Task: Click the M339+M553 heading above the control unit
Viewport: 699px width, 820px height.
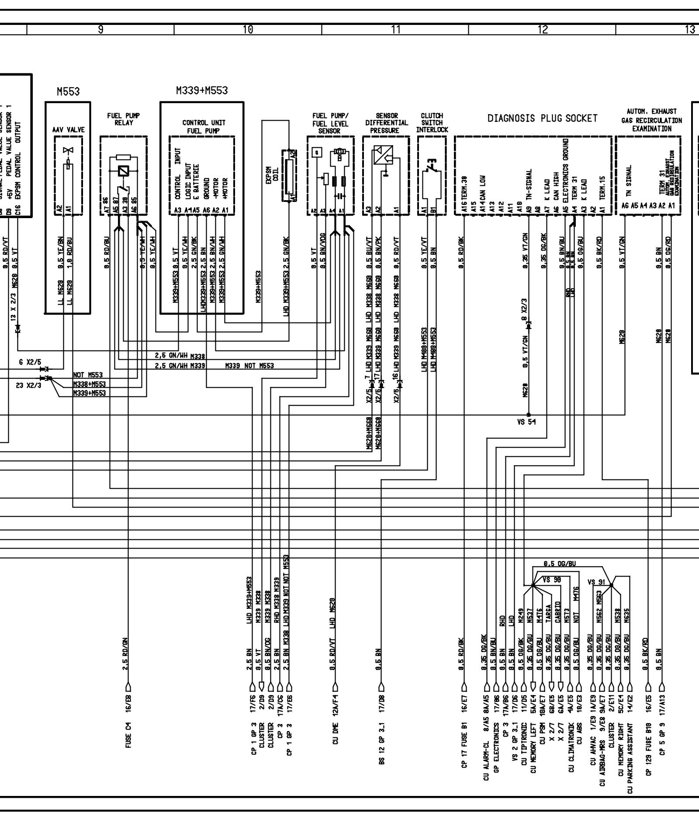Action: [x=201, y=90]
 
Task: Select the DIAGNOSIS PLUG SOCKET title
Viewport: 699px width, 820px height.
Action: [x=543, y=118]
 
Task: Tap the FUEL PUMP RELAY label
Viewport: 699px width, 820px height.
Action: [x=124, y=119]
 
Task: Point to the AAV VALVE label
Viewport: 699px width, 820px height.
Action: [x=68, y=130]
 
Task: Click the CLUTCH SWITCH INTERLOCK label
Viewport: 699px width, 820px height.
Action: [x=432, y=123]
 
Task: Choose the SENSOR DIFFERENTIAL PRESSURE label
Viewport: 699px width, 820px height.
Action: [x=386, y=123]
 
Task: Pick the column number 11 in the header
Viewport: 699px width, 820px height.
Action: [x=395, y=29]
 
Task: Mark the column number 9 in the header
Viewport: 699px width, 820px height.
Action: [x=100, y=29]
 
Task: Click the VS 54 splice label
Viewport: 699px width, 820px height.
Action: [x=526, y=422]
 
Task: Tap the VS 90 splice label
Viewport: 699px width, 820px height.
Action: [x=552, y=580]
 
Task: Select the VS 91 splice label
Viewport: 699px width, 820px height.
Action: [x=597, y=582]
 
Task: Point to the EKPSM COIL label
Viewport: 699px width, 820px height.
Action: [x=272, y=175]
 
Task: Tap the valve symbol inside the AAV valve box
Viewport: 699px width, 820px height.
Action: [x=68, y=152]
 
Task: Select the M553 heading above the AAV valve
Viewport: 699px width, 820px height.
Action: [x=68, y=92]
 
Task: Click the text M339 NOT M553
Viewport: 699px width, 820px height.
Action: [x=249, y=365]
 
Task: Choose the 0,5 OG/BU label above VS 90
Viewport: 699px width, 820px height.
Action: [x=559, y=564]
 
